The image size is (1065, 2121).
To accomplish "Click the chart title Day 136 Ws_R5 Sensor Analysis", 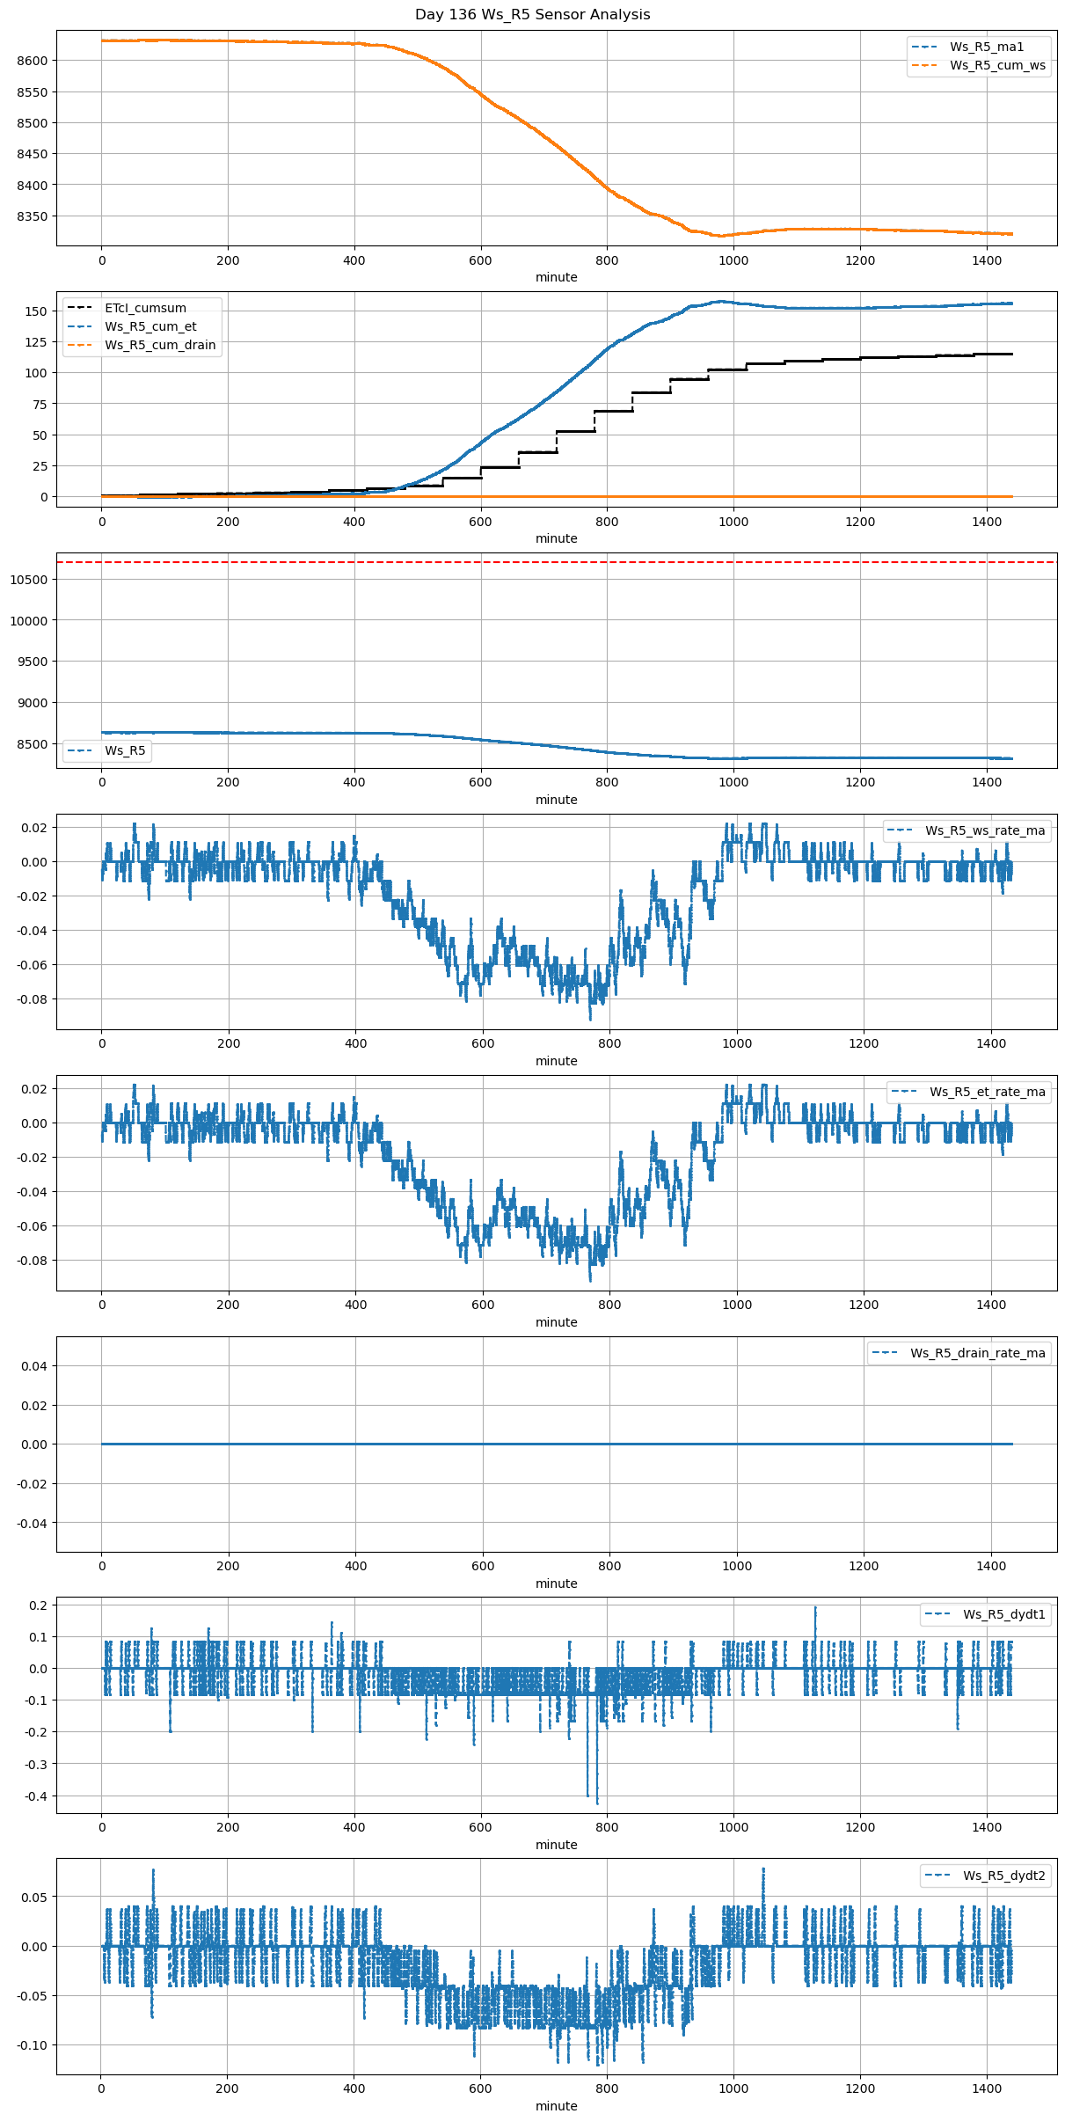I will (x=532, y=15).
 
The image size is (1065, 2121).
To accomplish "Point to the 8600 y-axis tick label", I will (x=32, y=61).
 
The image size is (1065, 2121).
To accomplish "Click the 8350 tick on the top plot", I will (x=32, y=216).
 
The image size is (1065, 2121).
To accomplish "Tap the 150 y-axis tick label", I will (x=36, y=311).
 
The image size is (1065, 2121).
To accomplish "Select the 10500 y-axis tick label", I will (x=28, y=580).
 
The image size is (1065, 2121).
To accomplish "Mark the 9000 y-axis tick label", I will (x=32, y=703).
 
